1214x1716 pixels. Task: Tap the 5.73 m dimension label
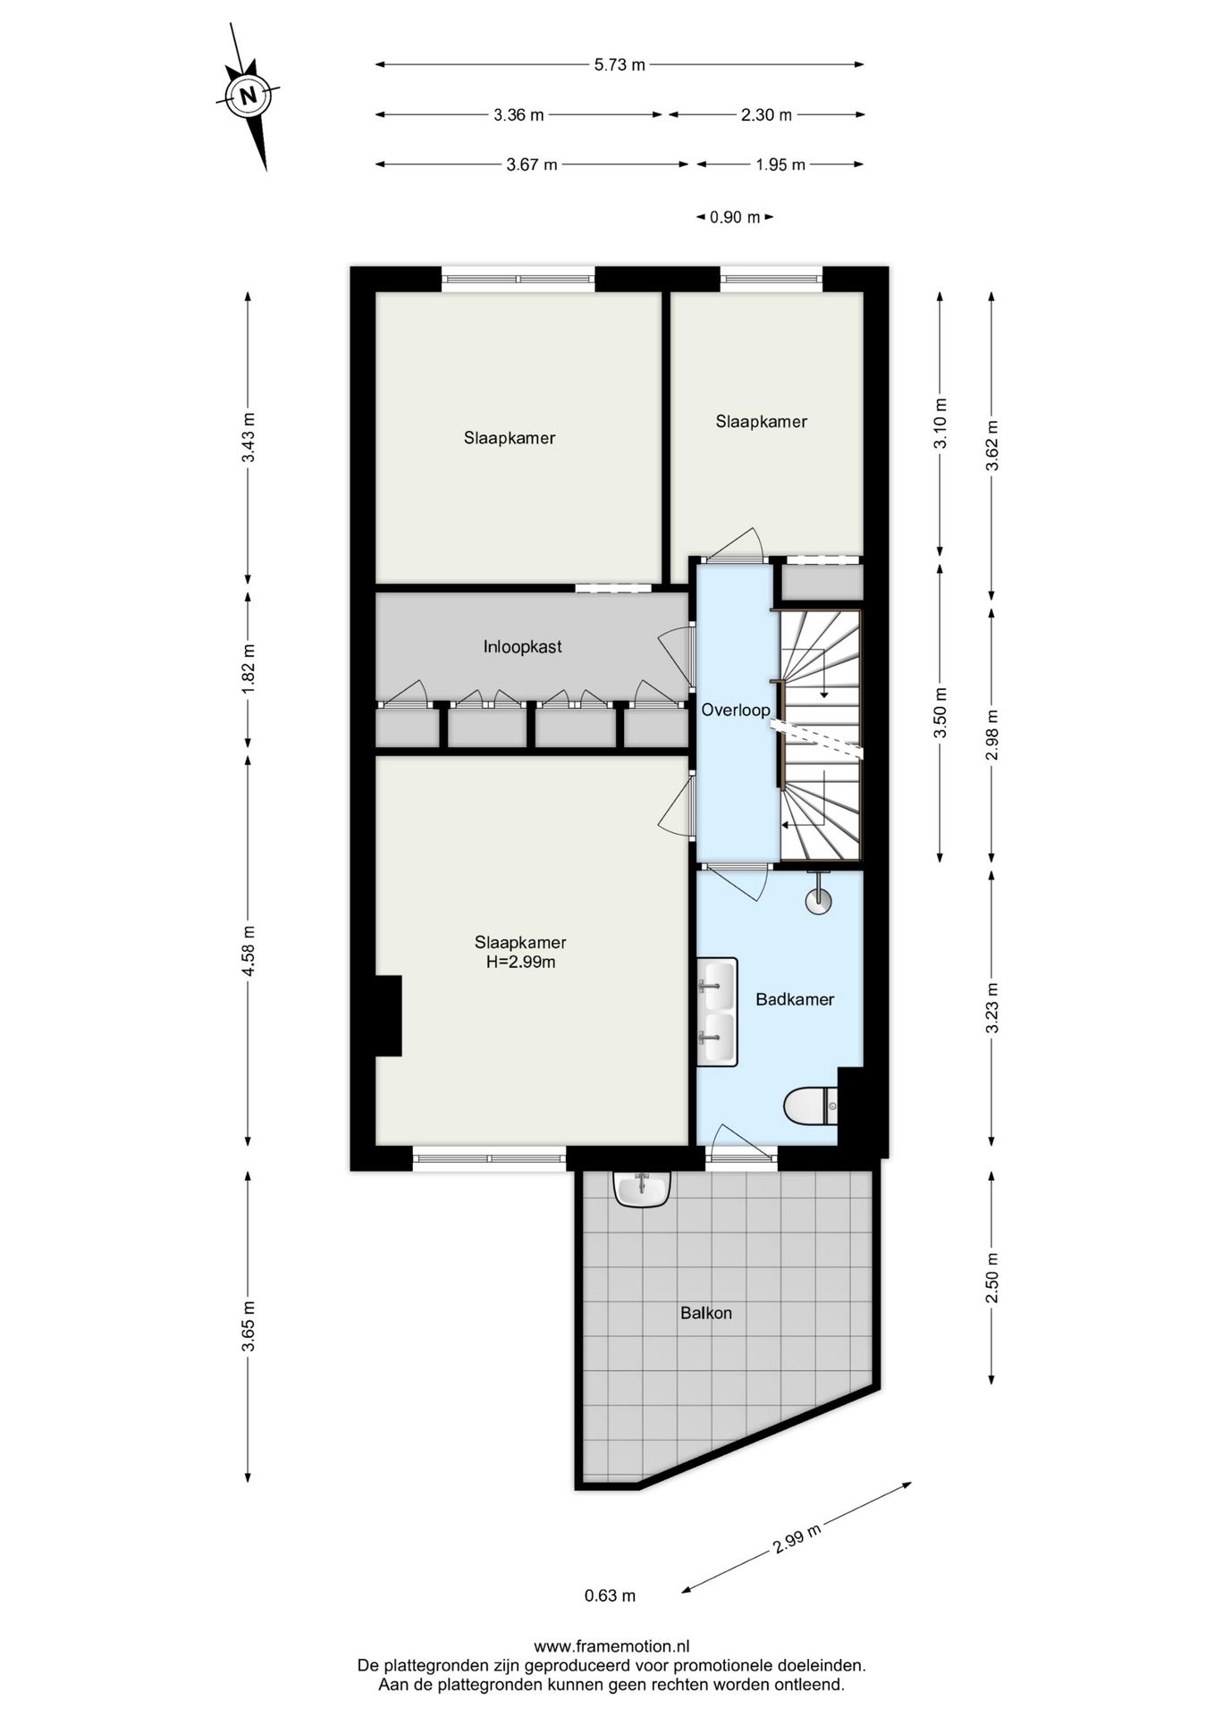620,64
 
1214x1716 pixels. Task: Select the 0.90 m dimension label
734,217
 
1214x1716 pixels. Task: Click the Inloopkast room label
522,647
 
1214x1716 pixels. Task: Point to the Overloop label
735,711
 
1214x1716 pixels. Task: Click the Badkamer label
795,999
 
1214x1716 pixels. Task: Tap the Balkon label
706,1313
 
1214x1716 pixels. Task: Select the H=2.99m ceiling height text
520,963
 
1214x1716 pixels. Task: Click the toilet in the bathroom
810,1106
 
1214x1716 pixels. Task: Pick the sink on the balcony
642,1190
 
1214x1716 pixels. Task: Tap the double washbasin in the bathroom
718,1012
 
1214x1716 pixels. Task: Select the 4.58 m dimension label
249,949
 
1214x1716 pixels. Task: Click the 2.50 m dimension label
991,1278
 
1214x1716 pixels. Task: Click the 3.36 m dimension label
518,114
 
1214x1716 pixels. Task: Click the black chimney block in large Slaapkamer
388,1015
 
